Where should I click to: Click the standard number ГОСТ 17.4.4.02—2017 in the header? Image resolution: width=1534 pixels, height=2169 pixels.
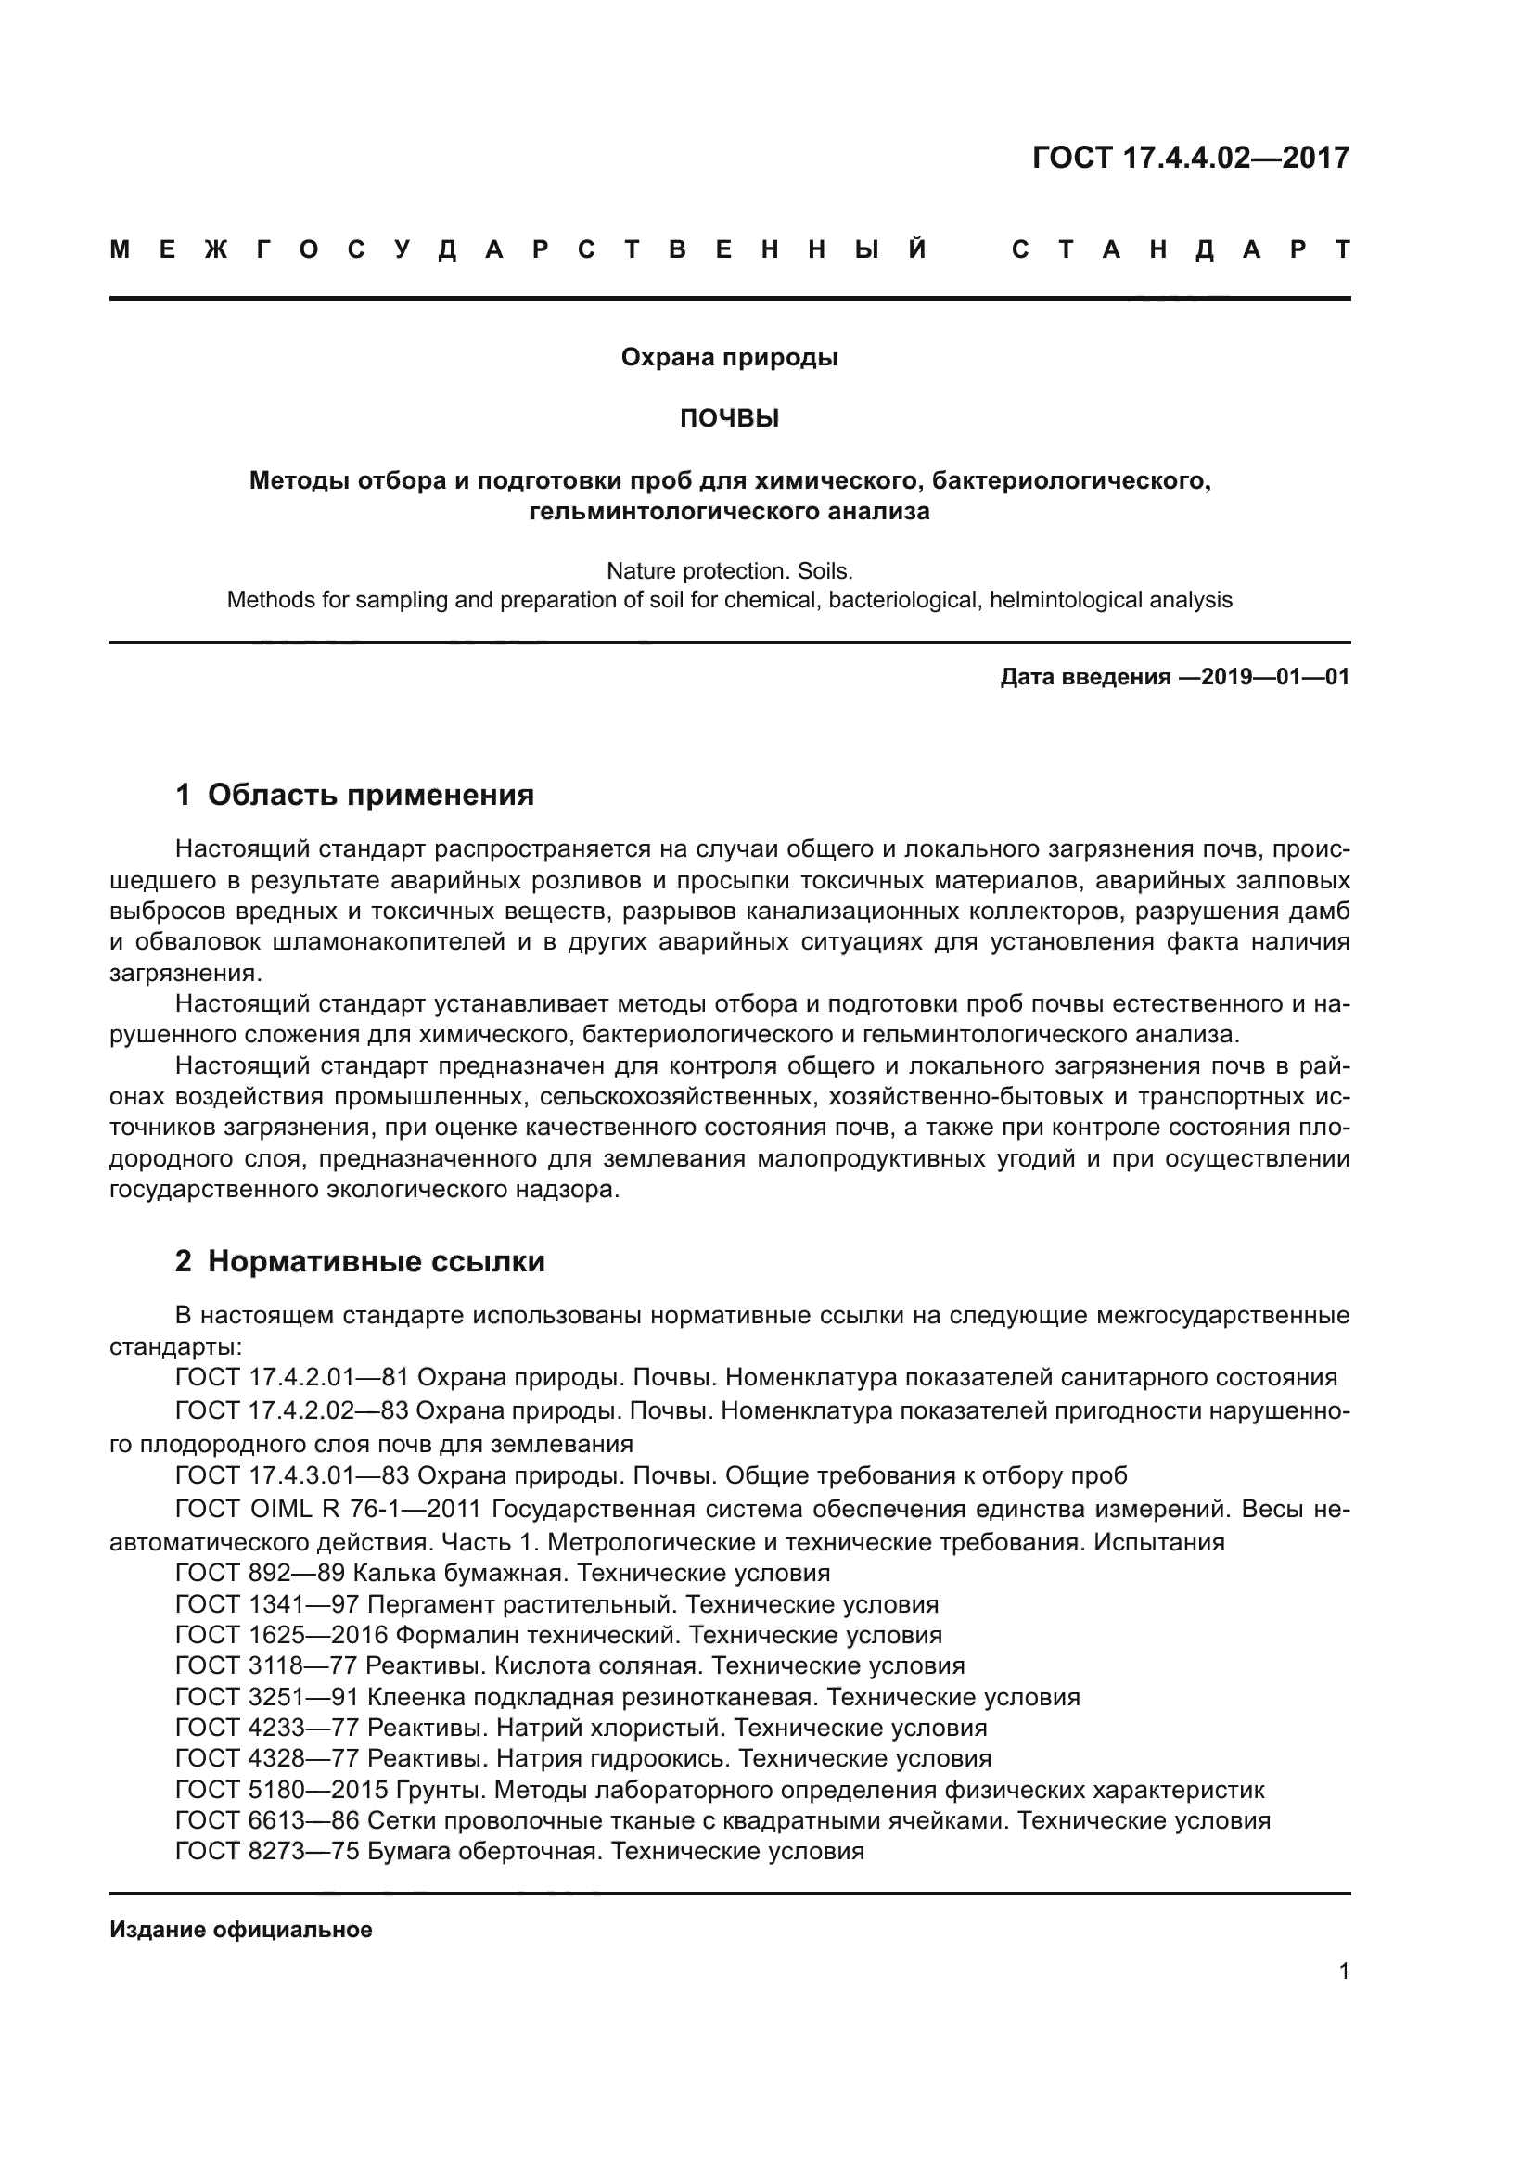click(x=1190, y=157)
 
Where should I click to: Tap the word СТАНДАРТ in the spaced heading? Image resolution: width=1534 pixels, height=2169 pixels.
click(x=1180, y=250)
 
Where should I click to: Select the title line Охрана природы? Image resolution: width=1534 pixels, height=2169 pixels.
click(x=729, y=358)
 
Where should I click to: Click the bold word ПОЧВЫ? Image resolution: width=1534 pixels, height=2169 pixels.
click(x=729, y=418)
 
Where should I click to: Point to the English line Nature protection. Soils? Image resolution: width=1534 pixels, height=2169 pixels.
click(x=729, y=570)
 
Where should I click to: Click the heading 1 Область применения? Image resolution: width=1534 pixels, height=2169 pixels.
click(x=355, y=795)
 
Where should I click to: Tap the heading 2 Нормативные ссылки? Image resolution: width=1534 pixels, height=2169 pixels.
click(x=360, y=1261)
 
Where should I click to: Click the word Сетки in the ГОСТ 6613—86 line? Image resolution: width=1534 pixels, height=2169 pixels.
click(x=401, y=1820)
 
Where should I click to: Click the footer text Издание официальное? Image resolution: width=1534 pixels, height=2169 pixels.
click(x=241, y=1930)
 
